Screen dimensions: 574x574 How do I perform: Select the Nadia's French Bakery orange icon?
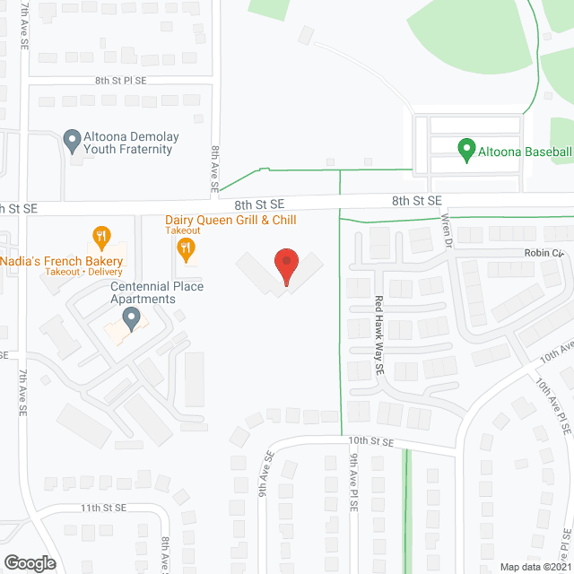[101, 239]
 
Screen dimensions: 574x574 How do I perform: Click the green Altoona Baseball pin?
[466, 149]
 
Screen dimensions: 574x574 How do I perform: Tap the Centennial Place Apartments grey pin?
[131, 317]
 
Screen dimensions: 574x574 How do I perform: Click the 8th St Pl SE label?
[126, 80]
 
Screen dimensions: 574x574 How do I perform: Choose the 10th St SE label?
[372, 441]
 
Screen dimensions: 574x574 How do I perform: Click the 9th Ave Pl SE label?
[355, 492]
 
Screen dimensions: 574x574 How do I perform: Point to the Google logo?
[29, 563]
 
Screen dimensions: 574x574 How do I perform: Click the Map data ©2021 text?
[535, 566]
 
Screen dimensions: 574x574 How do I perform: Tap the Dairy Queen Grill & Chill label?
[230, 220]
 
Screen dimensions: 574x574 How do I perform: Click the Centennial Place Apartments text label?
[144, 292]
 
